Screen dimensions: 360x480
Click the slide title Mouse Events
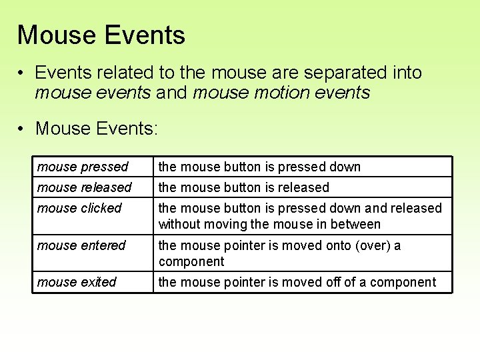[x=101, y=35]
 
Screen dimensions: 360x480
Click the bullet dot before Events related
[x=22, y=72]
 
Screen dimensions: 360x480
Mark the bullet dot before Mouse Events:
[x=22, y=127]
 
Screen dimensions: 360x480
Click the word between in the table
[x=357, y=225]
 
